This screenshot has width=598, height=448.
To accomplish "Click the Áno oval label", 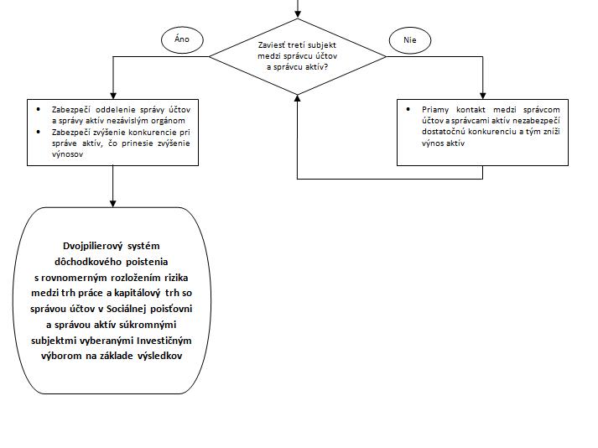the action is tap(182, 39).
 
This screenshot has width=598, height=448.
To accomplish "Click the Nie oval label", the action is tap(410, 40).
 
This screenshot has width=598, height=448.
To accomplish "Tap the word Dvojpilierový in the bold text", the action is tap(93, 246).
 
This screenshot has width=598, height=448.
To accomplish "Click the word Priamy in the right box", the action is tap(435, 110).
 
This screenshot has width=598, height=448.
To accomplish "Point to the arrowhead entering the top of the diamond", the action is tap(298, 15).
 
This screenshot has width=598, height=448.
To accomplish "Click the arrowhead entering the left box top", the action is tap(113, 96).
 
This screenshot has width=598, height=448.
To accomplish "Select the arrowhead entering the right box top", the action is tap(482, 96).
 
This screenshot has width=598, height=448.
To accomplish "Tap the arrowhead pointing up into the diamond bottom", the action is tap(298, 98).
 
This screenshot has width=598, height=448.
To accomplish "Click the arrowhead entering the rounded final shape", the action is tap(113, 204).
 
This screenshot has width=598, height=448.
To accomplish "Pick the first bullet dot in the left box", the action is tap(38, 110).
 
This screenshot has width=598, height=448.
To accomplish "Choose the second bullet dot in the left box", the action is tap(38, 132).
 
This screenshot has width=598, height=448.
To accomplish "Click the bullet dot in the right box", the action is tap(408, 110).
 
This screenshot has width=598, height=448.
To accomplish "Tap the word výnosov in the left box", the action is tap(67, 154).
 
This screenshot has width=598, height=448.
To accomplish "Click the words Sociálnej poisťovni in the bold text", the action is tap(149, 309).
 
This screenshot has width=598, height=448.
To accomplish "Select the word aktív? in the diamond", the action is tap(316, 67).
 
